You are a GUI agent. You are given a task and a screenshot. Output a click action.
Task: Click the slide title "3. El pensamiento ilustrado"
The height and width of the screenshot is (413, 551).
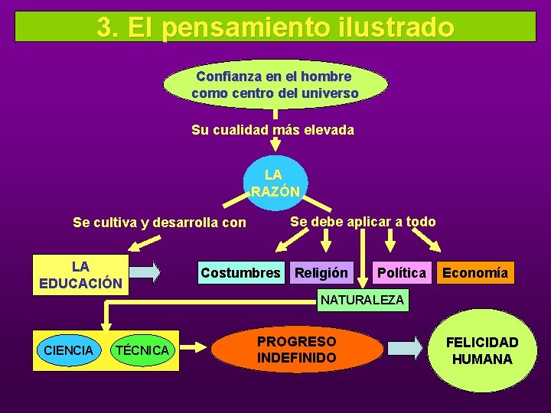[x=275, y=28]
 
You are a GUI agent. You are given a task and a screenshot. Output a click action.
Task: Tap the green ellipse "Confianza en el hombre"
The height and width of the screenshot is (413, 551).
[x=275, y=85]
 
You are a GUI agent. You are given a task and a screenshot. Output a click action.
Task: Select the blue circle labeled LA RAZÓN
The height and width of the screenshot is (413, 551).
[x=274, y=184]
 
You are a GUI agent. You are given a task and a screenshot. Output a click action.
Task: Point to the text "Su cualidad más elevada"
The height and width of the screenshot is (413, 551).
[x=272, y=130]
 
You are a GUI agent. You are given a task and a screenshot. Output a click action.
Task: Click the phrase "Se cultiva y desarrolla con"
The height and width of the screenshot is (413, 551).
[x=159, y=223]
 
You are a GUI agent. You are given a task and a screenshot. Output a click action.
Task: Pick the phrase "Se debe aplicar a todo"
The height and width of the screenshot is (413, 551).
[x=363, y=222]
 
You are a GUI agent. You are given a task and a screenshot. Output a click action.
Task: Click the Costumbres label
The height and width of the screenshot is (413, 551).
[x=240, y=273]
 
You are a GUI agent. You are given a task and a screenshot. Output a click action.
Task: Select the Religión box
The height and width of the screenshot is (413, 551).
[x=321, y=273]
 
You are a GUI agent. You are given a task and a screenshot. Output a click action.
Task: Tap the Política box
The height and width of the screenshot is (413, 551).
[x=401, y=273]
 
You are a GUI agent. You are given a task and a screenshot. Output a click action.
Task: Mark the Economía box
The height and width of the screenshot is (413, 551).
[x=474, y=273]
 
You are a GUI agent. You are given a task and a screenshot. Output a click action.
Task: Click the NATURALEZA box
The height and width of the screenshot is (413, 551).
[x=362, y=300]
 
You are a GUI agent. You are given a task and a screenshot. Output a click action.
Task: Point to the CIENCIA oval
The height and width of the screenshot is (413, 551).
[x=69, y=350]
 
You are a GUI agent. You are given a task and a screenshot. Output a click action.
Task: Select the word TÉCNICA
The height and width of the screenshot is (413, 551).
[x=141, y=350]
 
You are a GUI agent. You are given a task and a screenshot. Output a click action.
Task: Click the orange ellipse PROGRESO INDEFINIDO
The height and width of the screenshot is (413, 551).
[x=296, y=350]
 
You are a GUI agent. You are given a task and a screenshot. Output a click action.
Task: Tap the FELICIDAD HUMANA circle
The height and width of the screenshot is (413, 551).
[x=481, y=351]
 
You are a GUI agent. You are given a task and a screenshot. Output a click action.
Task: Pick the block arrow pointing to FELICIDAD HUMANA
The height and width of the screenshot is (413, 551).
[x=405, y=348]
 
